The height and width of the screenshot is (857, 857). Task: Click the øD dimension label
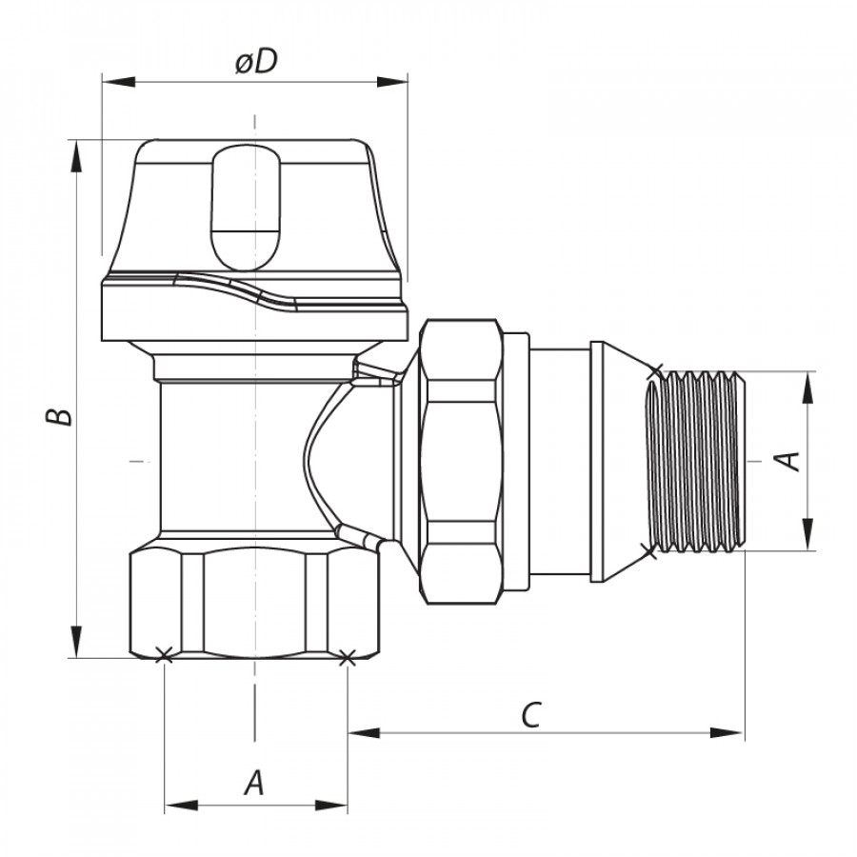coord(256,61)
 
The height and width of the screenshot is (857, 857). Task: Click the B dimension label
coord(59,416)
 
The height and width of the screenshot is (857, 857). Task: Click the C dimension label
coord(530,714)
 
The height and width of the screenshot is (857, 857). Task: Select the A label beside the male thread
coord(787,461)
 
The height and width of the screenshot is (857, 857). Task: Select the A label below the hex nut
coord(254,783)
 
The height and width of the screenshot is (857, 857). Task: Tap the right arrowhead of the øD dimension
coord(392,82)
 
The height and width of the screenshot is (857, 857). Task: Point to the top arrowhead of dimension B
coord(75,156)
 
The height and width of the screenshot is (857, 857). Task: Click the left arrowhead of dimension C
coord(365,732)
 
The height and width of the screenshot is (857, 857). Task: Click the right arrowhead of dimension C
coord(727,732)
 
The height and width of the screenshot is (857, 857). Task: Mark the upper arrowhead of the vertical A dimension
coord(807,389)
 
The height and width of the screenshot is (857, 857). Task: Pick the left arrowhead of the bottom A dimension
coord(181,805)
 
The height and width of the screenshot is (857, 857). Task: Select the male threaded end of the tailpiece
coord(695,461)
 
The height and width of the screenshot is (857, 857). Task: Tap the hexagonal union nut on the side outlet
coord(461,462)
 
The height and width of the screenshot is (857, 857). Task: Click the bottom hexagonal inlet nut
coord(255,601)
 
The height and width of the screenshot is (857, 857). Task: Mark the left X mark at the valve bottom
coord(164,655)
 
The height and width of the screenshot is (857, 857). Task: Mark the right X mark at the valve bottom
coord(347,657)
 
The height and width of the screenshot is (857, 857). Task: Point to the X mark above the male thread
coord(656,370)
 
